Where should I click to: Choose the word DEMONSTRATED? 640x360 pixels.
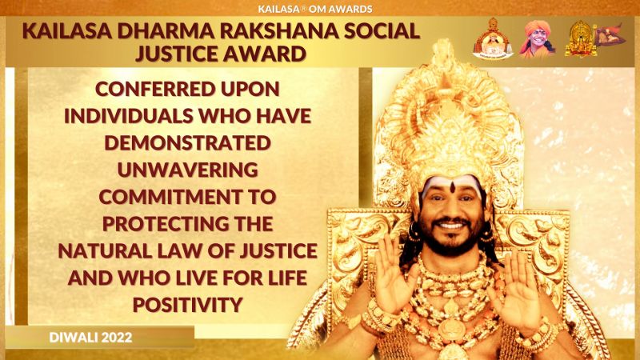188,143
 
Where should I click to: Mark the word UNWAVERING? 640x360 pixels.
188,170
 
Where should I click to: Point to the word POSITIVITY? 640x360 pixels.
188,305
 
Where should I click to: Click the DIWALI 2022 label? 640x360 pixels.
90,338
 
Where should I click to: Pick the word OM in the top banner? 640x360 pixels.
316,9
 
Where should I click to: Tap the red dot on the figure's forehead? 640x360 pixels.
453,187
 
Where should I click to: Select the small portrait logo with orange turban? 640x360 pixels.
536,38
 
